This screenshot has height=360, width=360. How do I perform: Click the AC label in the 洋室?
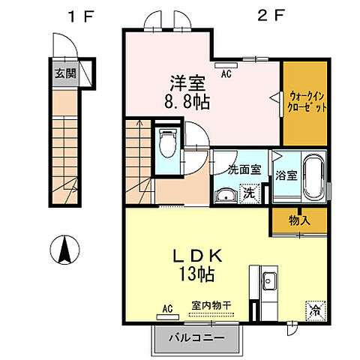tap(226, 73)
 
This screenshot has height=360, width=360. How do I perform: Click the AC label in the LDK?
tap(169, 307)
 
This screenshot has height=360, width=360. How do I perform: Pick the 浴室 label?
tap(286, 177)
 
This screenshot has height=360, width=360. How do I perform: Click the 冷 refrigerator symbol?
tap(314, 307)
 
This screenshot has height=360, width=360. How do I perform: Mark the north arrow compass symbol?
tap(64, 248)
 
